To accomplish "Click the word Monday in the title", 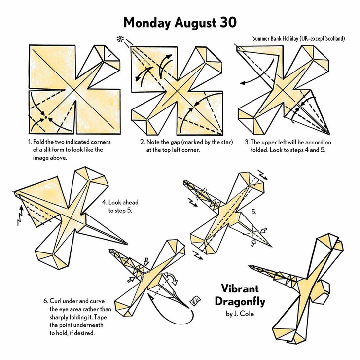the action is click(147, 23).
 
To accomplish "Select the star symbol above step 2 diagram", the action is click(120, 39).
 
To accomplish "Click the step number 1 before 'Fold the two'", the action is click(30, 142).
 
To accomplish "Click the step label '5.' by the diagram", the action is click(253, 212).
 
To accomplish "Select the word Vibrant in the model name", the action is click(240, 288).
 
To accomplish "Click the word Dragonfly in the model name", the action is click(240, 301).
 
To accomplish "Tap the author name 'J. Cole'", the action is click(244, 314).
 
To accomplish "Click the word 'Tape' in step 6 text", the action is click(100, 317).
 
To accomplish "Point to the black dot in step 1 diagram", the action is click(46, 117).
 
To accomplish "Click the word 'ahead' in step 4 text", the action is click(130, 202).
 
